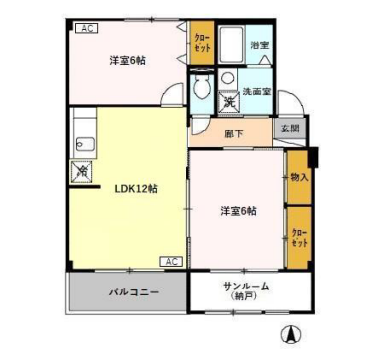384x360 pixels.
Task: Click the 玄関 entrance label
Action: (289, 128)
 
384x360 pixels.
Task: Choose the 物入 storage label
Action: (298, 177)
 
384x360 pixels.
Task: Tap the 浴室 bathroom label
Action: (259, 46)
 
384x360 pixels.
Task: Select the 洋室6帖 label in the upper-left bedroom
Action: (128, 60)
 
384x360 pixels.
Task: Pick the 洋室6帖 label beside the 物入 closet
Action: (238, 211)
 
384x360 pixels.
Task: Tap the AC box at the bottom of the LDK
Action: (170, 262)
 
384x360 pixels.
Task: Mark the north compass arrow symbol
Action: (292, 334)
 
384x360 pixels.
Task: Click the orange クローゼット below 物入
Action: (298, 237)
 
